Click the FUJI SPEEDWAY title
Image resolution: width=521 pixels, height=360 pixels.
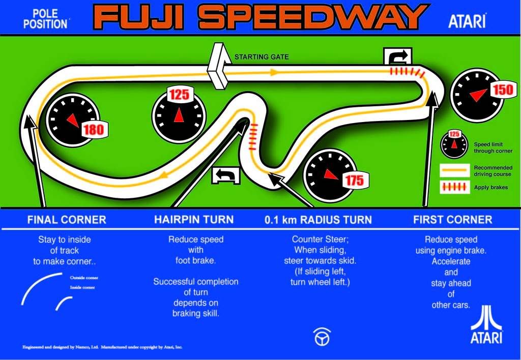coord(259,17)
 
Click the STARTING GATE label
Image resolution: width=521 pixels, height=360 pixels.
coord(261,57)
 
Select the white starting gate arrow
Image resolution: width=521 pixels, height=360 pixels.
coord(217,66)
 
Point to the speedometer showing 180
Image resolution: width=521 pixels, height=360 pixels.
coord(73,120)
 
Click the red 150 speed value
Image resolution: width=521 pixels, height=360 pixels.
coord(503,90)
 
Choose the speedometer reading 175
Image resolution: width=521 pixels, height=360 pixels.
coord(329,174)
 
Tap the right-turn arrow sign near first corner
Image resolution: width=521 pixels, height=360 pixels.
coord(398,56)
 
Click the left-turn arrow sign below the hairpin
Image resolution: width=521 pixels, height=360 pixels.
coord(226,175)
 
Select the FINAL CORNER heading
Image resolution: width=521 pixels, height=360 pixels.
coord(67,220)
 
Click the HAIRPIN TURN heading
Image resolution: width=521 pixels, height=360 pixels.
coord(194,220)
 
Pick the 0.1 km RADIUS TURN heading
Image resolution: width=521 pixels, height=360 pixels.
coord(318,220)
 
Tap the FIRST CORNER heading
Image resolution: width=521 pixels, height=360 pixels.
coord(452,220)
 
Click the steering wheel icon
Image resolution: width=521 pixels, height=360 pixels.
coord(322,337)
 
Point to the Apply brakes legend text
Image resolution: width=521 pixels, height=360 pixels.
coord(490,188)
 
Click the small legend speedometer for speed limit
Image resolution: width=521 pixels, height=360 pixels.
coord(454,144)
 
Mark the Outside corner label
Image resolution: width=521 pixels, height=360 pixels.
coord(84,278)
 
